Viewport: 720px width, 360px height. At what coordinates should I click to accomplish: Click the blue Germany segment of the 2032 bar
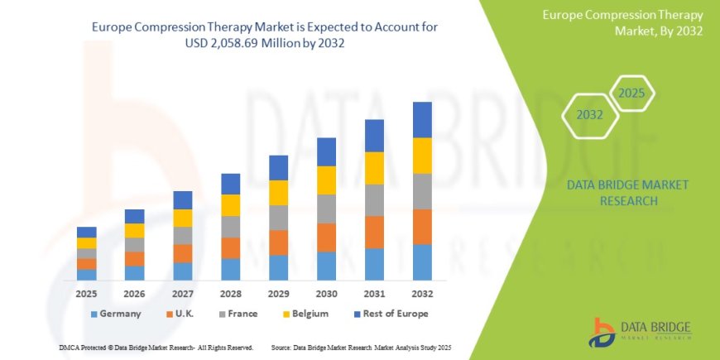click(422, 262)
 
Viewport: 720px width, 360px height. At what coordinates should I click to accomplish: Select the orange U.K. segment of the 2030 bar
click(326, 238)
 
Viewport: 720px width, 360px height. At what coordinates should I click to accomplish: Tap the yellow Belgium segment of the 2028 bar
click(230, 205)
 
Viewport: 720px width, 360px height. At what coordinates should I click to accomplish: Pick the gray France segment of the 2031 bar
click(374, 200)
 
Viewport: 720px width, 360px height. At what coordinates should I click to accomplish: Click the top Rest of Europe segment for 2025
click(87, 232)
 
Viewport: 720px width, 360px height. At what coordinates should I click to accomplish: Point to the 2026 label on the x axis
click(134, 294)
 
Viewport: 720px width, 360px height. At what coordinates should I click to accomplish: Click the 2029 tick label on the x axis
click(278, 294)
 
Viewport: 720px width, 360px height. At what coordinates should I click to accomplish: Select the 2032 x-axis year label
click(422, 294)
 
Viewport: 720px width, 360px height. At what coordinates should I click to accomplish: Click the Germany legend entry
click(115, 314)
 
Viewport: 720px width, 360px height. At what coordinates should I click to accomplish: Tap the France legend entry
click(238, 314)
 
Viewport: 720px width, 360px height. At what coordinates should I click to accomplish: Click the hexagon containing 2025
click(631, 94)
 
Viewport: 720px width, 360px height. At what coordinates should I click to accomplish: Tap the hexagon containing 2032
click(589, 115)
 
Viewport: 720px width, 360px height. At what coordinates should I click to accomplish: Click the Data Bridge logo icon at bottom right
click(602, 331)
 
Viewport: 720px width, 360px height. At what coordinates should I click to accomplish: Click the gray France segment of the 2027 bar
click(182, 235)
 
